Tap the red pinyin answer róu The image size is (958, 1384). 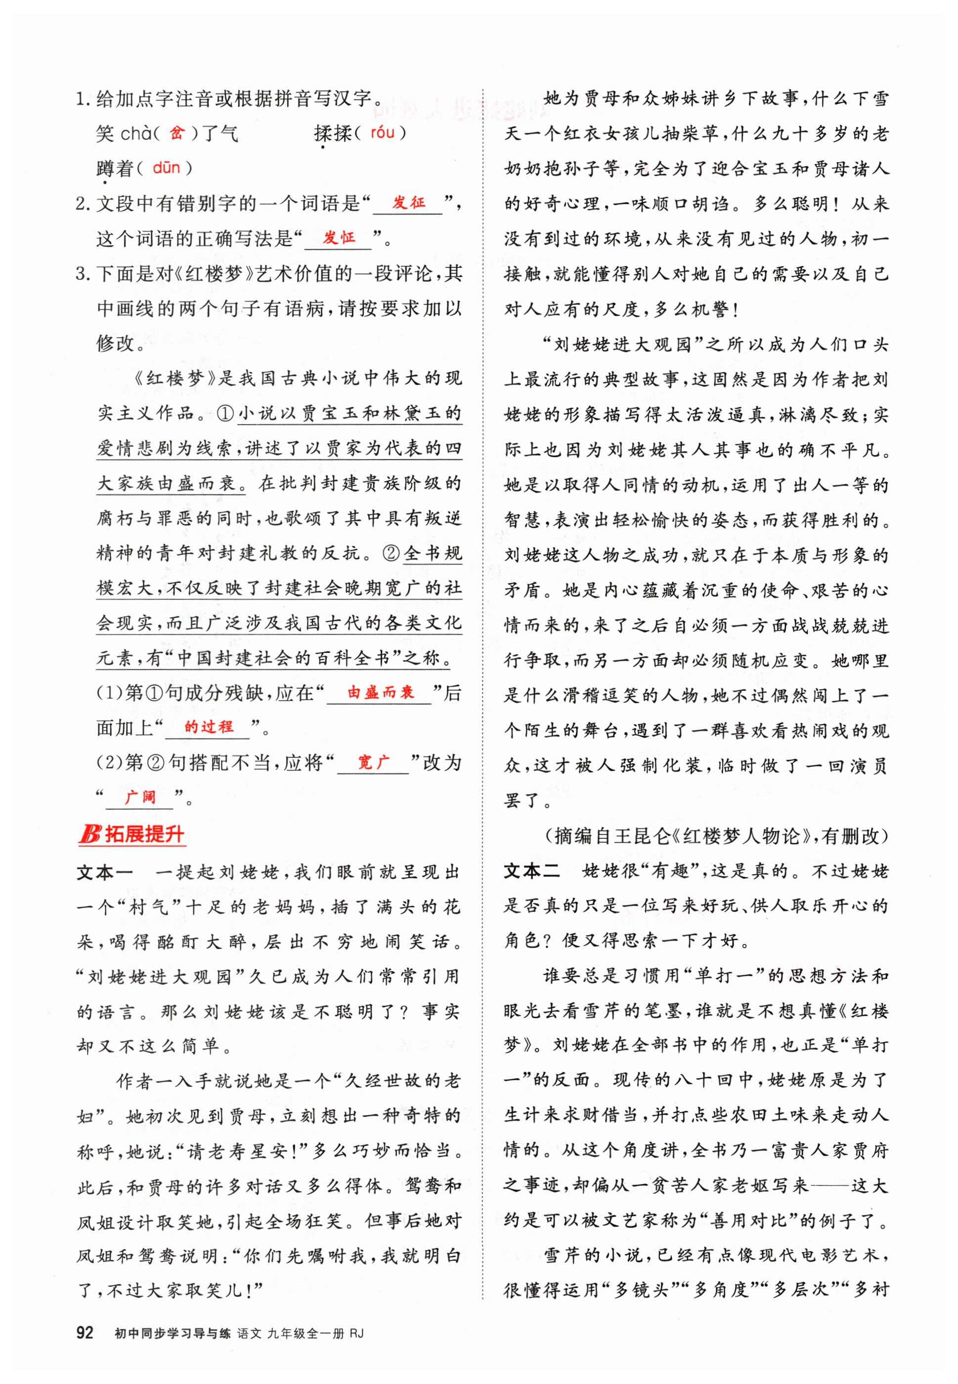click(383, 132)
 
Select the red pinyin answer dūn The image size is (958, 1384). click(166, 168)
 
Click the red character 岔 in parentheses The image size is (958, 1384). click(177, 132)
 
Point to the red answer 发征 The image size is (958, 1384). click(409, 202)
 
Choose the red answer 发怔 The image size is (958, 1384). click(339, 238)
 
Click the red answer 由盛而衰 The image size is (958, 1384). click(381, 692)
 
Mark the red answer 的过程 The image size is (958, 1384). click(208, 728)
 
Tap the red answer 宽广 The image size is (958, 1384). click(373, 762)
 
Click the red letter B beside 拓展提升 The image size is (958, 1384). click(90, 834)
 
